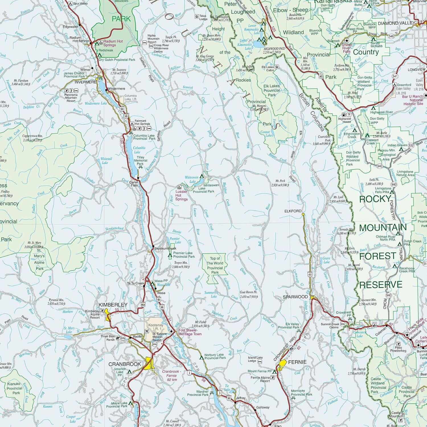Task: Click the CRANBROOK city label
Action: coord(125,364)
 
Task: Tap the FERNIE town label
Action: coord(297,362)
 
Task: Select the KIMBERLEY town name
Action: coord(113,305)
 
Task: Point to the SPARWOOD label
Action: coord(295,297)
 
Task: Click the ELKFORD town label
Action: coord(293,211)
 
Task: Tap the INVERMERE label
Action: coord(85,82)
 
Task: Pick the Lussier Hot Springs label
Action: coord(181,195)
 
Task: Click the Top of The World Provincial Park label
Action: coord(215,266)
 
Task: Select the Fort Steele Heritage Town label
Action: coord(190,332)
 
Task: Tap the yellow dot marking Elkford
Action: coord(303,214)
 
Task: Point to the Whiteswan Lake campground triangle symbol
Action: coord(202,176)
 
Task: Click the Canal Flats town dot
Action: coord(138,178)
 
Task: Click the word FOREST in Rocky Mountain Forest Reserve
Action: coord(377,256)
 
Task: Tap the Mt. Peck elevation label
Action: coord(280,183)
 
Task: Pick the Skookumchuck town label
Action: coord(165,248)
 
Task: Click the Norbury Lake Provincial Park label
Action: coord(215,356)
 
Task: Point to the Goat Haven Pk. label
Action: coord(249,294)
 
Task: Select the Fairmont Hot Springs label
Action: coord(142,122)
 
